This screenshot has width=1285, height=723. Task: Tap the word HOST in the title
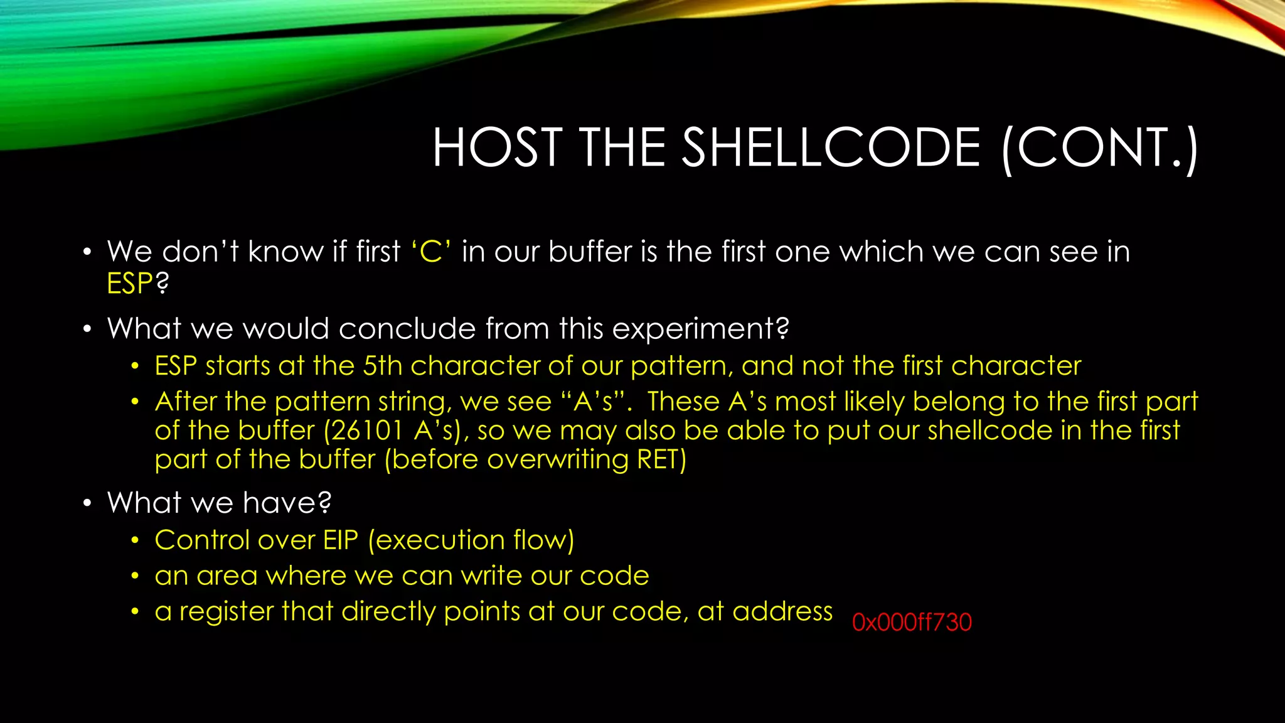pos(497,148)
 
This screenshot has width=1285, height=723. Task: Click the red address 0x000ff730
pos(912,623)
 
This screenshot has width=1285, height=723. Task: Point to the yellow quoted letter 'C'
pos(431,252)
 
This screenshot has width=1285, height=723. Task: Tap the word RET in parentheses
pos(658,460)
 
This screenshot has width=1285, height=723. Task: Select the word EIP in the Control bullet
pos(341,540)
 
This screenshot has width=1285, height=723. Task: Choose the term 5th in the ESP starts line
pos(383,366)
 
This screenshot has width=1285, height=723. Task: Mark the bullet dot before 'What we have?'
pos(87,503)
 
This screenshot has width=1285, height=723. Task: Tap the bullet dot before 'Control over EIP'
pos(135,541)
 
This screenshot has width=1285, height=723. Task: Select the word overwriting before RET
pos(558,460)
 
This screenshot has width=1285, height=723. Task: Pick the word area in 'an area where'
pos(227,576)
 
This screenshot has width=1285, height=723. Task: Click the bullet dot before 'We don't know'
pos(87,253)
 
